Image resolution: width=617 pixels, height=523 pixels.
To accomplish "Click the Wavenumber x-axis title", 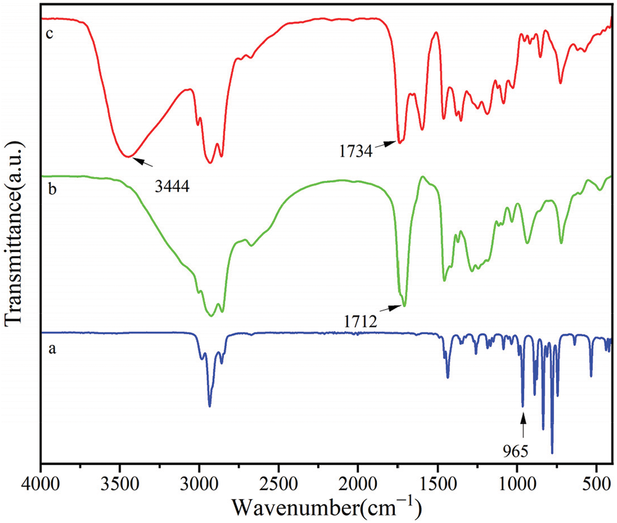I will click(327, 507).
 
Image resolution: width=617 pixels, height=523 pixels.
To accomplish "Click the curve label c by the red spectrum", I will click(51, 33).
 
